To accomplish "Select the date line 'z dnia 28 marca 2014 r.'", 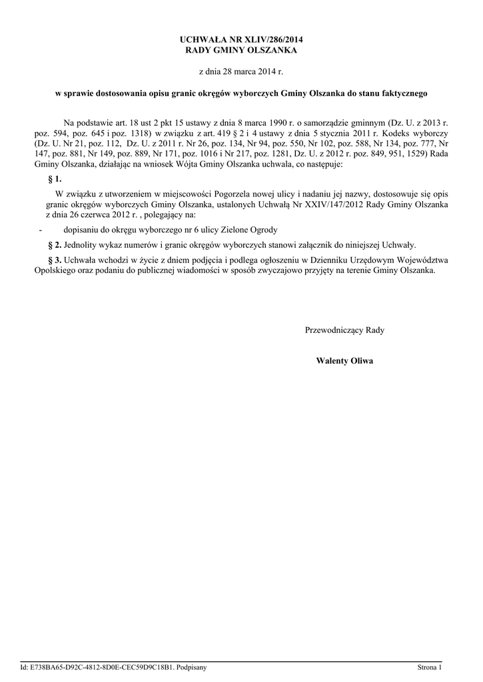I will coord(241,70).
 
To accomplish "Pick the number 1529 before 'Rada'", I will coord(416,153).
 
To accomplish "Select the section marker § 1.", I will coord(55,179).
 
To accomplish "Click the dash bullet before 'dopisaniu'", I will coord(41,229).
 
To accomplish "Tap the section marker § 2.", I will coord(55,244).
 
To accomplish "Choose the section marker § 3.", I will coord(55,260).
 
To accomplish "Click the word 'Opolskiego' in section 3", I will coord(55,270).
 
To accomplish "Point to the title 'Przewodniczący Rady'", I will coord(344,330).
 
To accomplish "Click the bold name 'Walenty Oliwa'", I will coord(344,360).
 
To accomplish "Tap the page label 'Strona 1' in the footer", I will coord(430,667).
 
